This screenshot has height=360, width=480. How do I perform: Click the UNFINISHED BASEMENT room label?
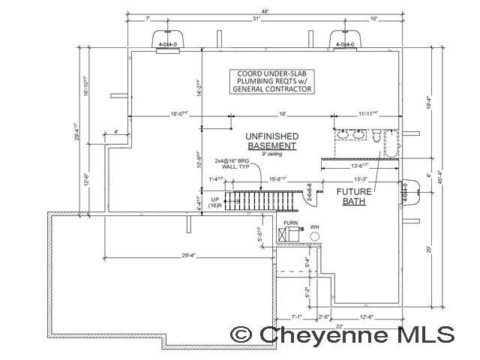tap(272, 140)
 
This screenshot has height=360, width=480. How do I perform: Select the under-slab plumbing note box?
tap(272, 81)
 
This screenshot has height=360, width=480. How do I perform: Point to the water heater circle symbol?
tap(315, 235)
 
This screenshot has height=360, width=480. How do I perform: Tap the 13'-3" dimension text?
tap(361, 180)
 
